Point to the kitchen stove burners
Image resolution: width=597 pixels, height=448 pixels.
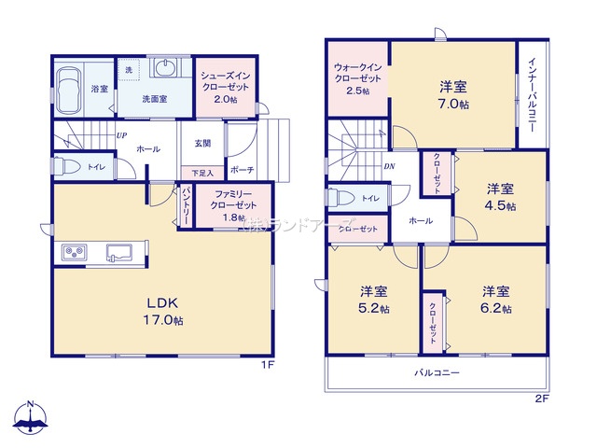tap(76, 252)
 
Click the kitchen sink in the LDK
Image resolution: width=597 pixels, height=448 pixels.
tap(120, 251)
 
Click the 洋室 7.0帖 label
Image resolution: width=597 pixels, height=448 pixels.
tap(454, 94)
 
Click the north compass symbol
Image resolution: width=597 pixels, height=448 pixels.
tap(34, 419)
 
